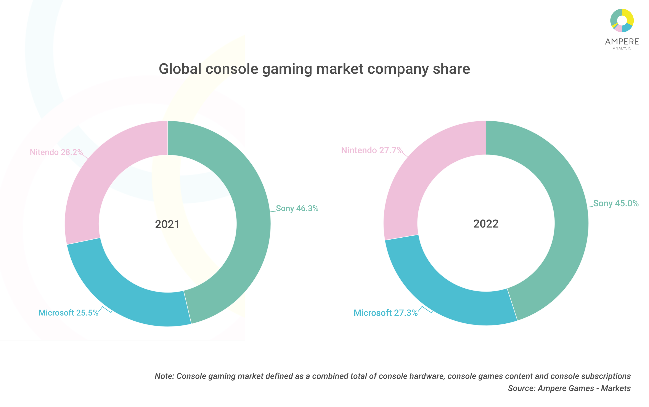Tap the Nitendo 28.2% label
tap(56, 152)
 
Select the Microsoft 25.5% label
tap(68, 313)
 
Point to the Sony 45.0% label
tap(616, 203)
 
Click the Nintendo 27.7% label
tap(372, 150)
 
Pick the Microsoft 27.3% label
tap(386, 313)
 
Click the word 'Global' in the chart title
tap(180, 69)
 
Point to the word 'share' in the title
tap(451, 69)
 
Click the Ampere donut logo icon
tap(622, 21)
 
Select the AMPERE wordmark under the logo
tap(622, 42)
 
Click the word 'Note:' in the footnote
tap(164, 376)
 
